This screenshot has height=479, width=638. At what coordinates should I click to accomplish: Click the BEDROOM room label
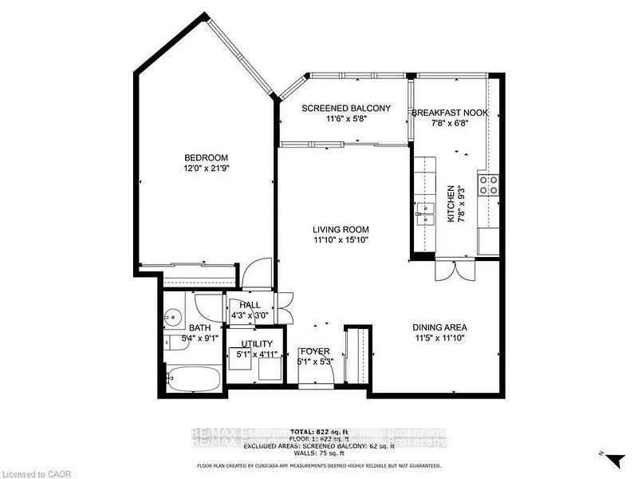coord(207,157)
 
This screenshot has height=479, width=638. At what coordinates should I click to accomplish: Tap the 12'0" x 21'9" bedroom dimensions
coord(207,168)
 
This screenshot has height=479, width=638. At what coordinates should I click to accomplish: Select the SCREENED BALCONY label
coord(345,108)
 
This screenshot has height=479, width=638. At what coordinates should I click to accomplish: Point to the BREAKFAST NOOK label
coord(449,113)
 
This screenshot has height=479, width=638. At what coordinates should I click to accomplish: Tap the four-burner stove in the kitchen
coord(488,185)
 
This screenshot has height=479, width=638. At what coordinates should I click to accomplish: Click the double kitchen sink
coord(423,212)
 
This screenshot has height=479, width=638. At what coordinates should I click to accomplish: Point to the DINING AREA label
coord(439,327)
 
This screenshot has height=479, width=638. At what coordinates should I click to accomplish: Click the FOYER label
coord(314,351)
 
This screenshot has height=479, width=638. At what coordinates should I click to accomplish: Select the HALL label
coord(250,304)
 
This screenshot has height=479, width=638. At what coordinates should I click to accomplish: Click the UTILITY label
coord(257,344)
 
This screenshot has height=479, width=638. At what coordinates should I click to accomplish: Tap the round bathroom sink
coord(171,316)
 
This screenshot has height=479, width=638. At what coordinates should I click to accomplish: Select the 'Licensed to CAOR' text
coord(32,473)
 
